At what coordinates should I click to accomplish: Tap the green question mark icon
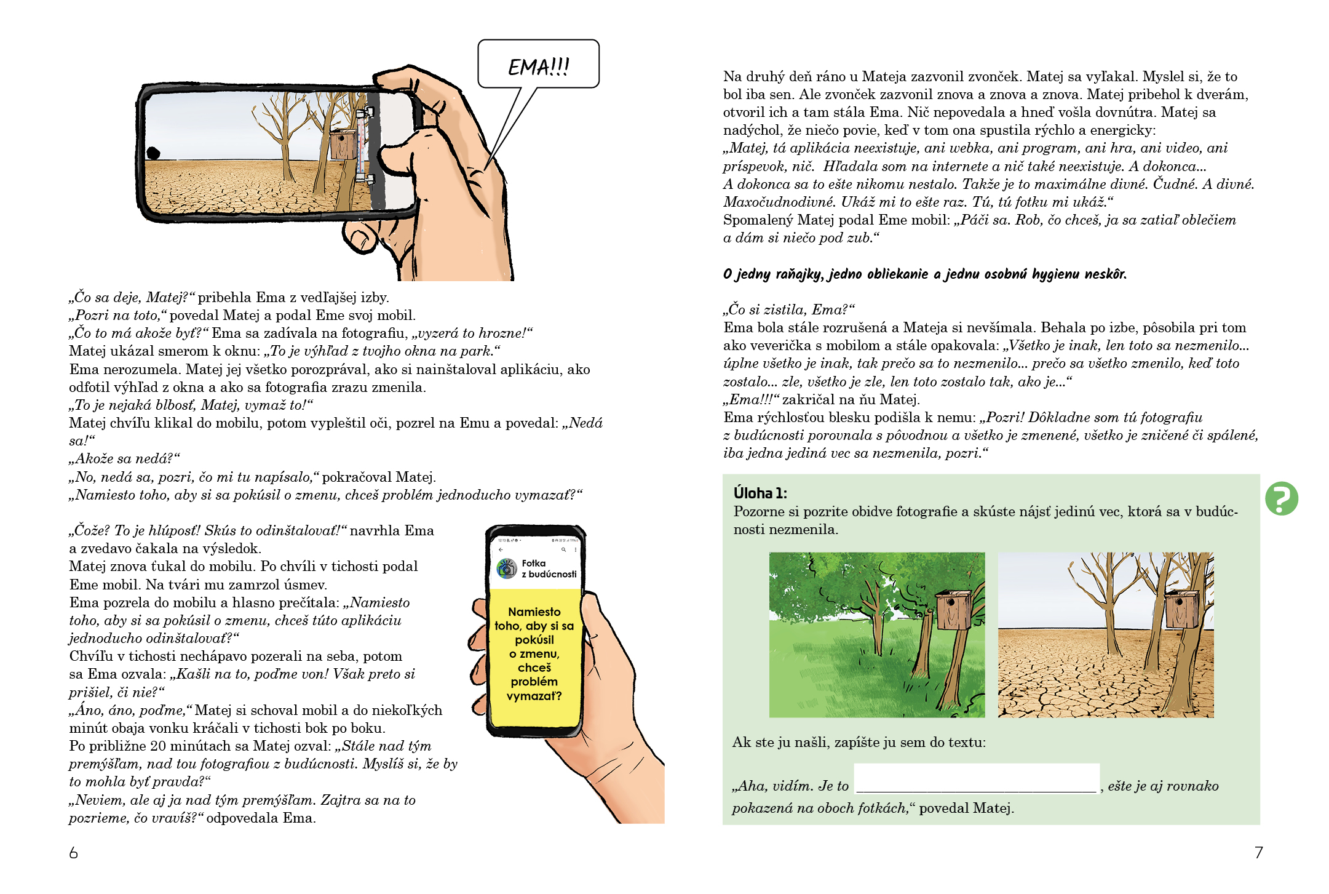click(1281, 498)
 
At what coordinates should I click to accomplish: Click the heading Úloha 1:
click(760, 493)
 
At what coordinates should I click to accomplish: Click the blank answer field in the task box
click(976, 778)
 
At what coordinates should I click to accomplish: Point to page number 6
click(74, 852)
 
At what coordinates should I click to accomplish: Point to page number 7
click(1258, 852)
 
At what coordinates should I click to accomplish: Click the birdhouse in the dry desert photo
click(1182, 609)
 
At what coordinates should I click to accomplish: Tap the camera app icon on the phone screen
click(507, 569)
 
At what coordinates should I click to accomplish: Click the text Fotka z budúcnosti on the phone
click(549, 569)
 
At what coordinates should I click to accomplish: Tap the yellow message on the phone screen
click(534, 653)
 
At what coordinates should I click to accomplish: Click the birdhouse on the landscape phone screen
click(343, 145)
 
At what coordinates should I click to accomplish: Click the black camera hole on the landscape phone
click(153, 153)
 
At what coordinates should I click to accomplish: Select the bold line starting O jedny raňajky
click(924, 274)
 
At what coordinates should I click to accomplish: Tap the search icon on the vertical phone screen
click(563, 550)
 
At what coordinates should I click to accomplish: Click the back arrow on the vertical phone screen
click(501, 550)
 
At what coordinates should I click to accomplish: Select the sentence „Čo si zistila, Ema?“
click(789, 309)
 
